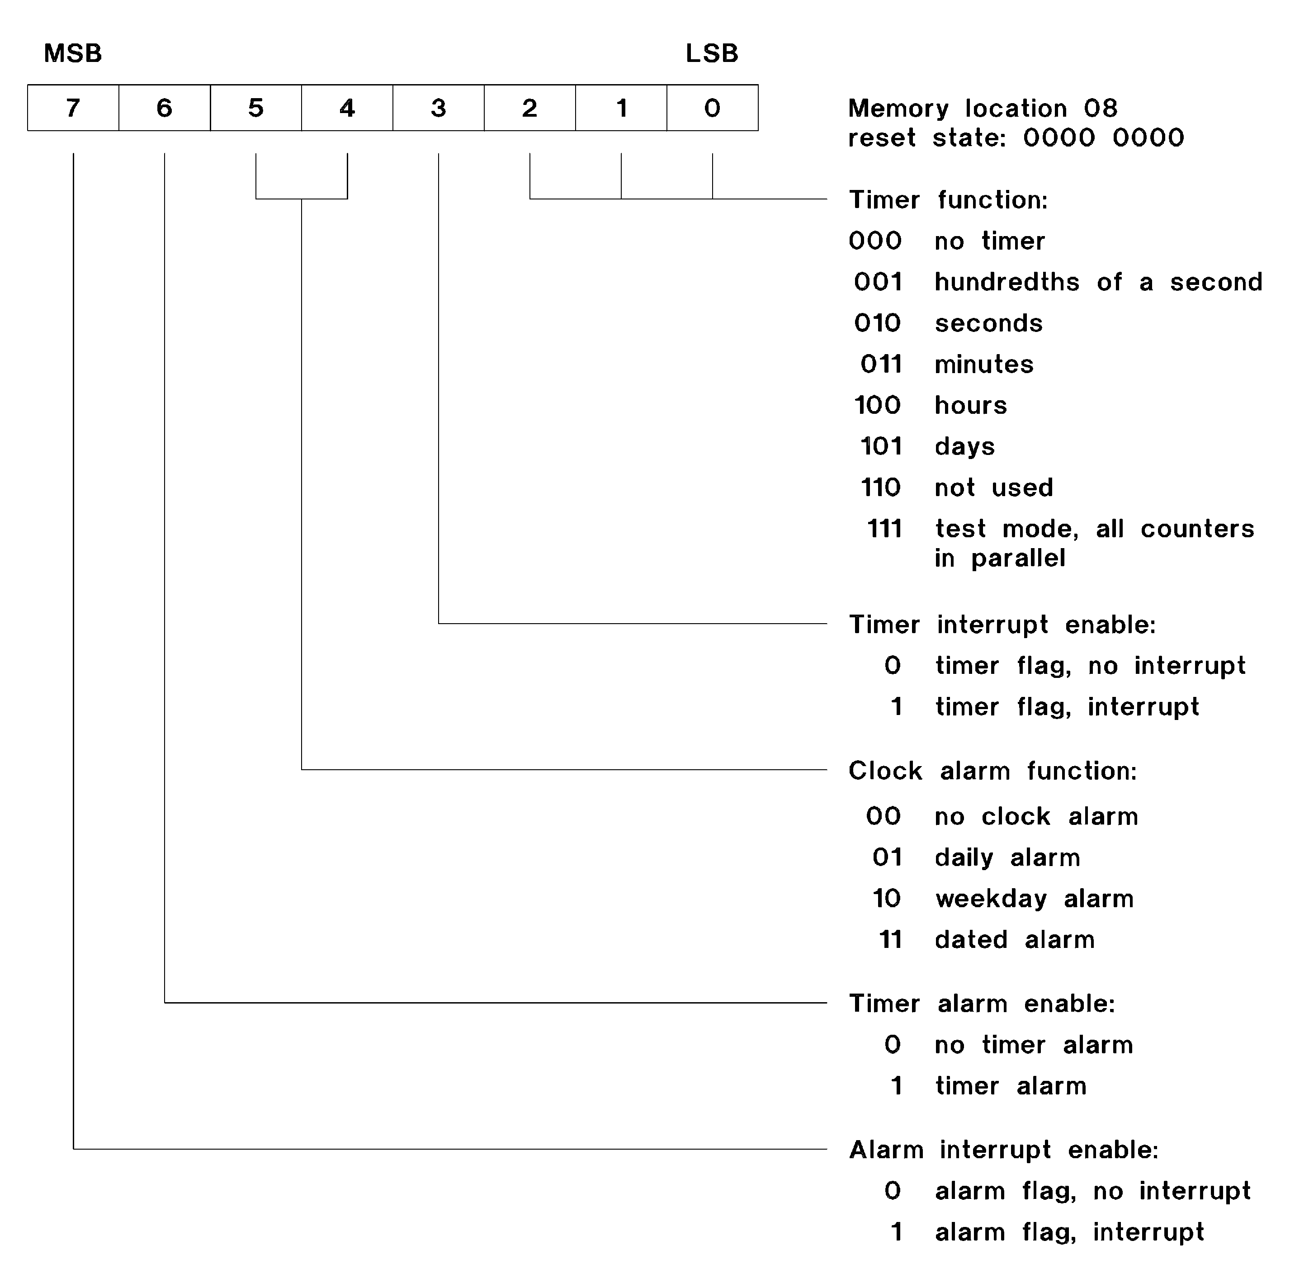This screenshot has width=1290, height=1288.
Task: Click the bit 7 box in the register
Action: pos(73,108)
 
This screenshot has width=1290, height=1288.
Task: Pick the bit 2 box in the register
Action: pos(529,108)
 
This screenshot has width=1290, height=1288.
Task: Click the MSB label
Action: pos(73,53)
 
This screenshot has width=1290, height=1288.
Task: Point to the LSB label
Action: pos(712,53)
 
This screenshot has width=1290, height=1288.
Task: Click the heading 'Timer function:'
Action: pos(948,199)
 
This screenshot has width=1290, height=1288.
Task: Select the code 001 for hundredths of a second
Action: pos(878,282)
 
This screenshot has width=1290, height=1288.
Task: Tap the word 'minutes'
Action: pos(983,364)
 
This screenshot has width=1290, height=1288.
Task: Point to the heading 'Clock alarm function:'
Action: pos(992,771)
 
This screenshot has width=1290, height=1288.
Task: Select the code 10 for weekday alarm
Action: pos(887,898)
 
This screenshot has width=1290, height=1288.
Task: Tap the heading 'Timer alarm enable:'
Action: pos(982,1004)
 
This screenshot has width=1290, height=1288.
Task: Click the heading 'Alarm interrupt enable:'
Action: pos(1003,1150)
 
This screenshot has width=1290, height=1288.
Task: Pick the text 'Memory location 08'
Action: pos(982,108)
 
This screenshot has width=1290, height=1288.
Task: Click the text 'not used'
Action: pos(993,488)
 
